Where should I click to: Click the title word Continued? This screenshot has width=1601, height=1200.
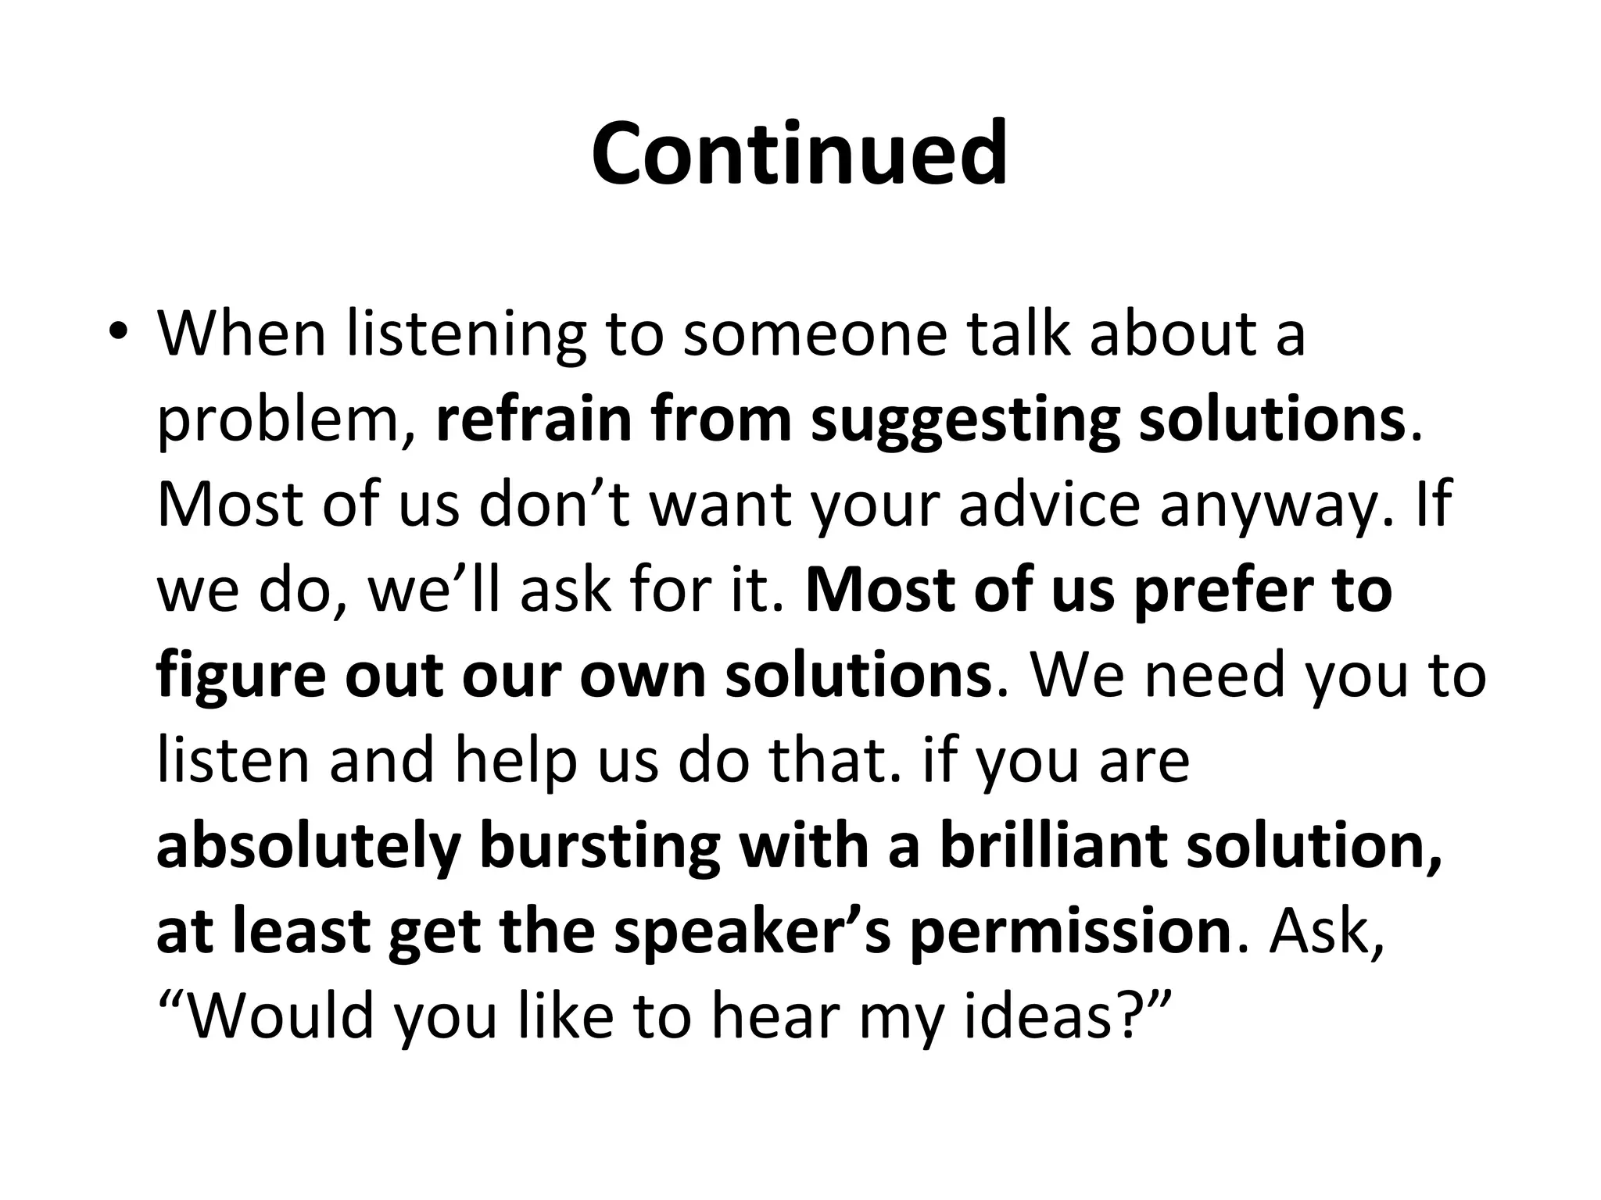pyautogui.click(x=799, y=154)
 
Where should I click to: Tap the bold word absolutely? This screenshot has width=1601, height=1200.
pyautogui.click(x=308, y=848)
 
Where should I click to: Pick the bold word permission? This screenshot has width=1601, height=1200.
pyautogui.click(x=1071, y=933)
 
